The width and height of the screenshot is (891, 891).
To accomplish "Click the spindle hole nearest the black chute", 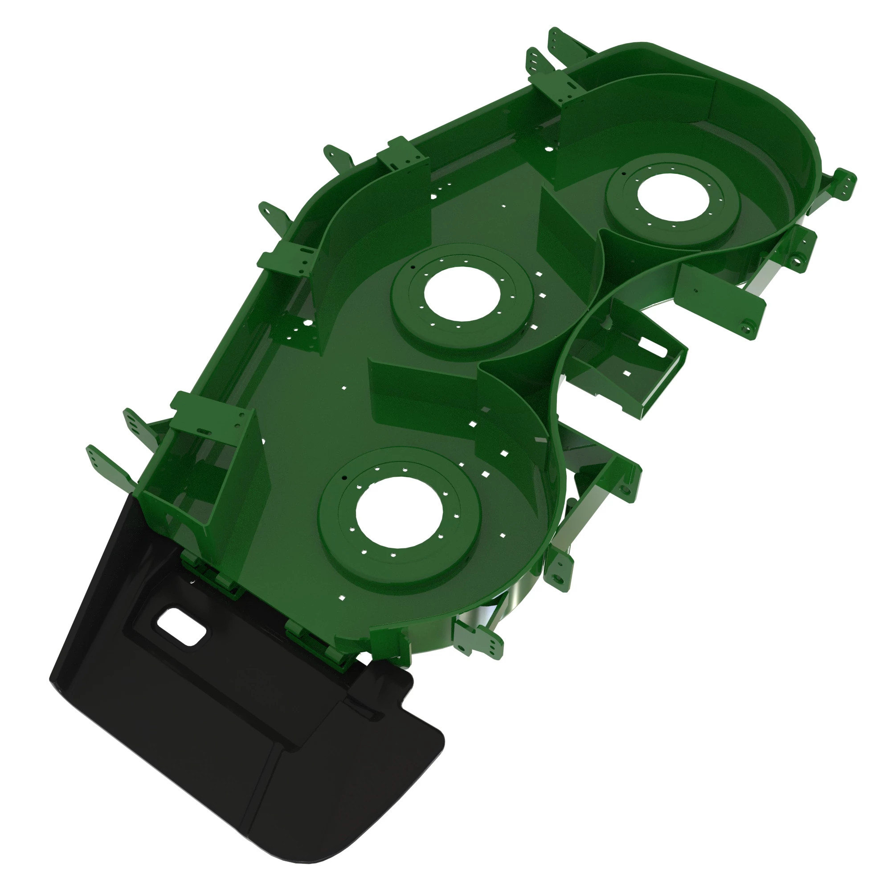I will click(399, 513).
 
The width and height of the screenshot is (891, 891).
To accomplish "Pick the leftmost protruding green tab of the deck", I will click(94, 457).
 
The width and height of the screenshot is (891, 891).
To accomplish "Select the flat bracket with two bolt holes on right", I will click(719, 300).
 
